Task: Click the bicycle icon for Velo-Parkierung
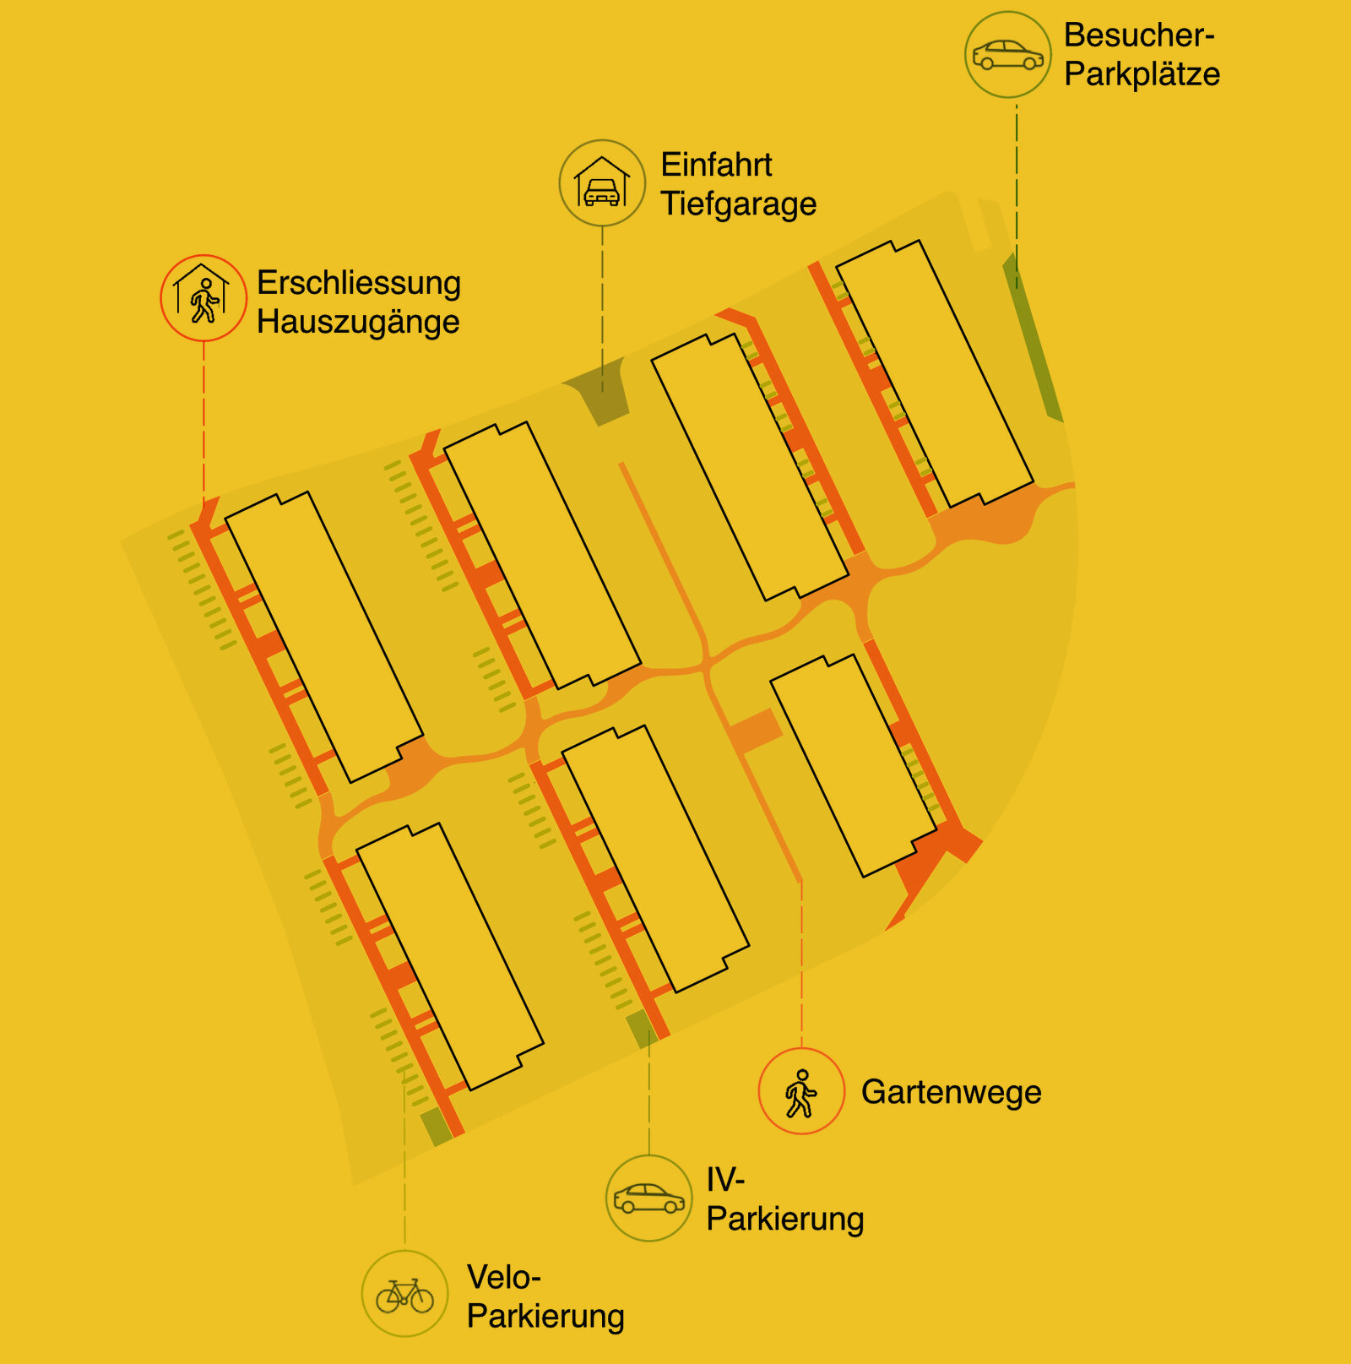click(x=405, y=1293)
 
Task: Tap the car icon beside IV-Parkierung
click(x=648, y=1198)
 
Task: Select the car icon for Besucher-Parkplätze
click(x=1007, y=55)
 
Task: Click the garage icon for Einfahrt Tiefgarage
click(x=602, y=183)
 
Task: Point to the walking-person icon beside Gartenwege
click(x=801, y=1091)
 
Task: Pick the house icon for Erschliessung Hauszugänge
click(x=203, y=298)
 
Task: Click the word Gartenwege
click(x=951, y=1092)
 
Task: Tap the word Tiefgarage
click(x=738, y=204)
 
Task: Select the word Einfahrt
click(x=716, y=165)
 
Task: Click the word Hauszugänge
click(x=358, y=322)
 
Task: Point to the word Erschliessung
click(x=359, y=283)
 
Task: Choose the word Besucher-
click(x=1138, y=35)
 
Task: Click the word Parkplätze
click(x=1142, y=74)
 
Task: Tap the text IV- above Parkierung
click(x=725, y=1179)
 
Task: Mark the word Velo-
click(x=503, y=1277)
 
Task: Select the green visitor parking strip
click(x=1034, y=338)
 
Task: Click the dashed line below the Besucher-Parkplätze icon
click(x=1017, y=194)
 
